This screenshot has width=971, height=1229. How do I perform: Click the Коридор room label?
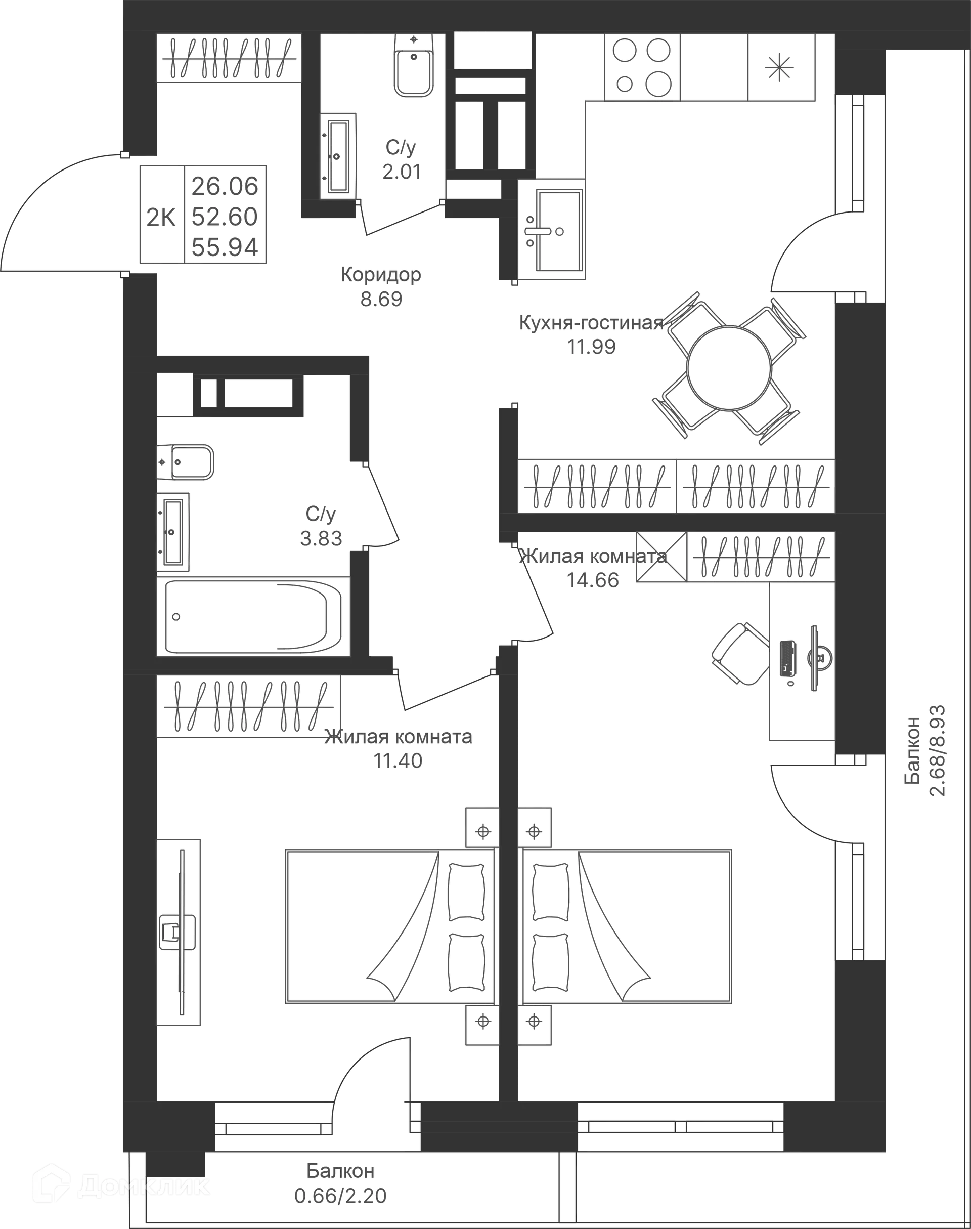(381, 275)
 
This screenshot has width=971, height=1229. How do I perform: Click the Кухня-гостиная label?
(591, 323)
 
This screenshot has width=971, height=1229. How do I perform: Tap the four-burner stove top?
(641, 67)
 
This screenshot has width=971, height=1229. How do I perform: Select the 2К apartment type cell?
(161, 217)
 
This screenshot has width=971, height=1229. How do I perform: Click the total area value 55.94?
(225, 247)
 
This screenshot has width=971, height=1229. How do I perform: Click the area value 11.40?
(398, 760)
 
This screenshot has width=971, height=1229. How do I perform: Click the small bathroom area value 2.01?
(402, 172)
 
